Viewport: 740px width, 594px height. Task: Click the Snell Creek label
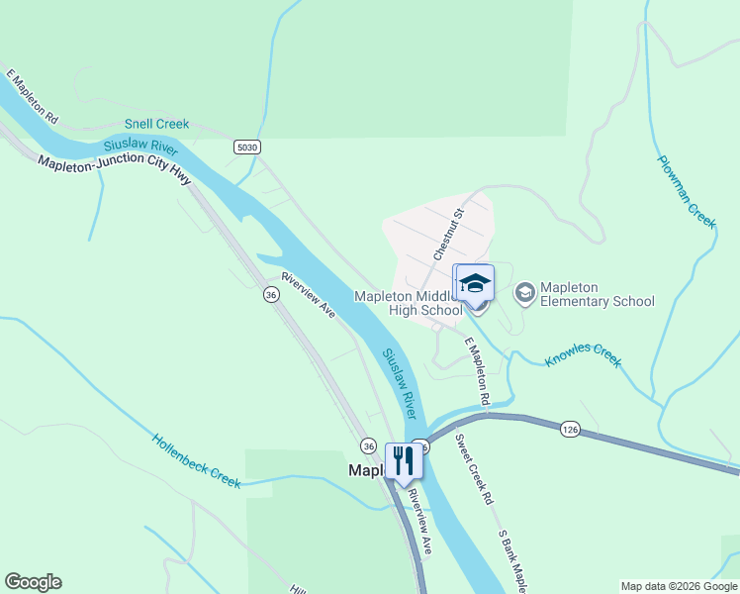(156, 125)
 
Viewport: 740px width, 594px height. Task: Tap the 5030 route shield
(247, 147)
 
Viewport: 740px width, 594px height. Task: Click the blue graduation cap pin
(474, 284)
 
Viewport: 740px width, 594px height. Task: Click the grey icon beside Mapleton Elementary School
(524, 292)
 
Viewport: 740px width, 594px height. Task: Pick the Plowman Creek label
(687, 191)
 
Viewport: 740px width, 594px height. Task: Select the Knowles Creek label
(584, 355)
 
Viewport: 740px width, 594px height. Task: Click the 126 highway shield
(569, 428)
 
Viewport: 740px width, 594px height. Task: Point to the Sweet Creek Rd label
(474, 470)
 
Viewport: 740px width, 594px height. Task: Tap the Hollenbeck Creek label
(196, 460)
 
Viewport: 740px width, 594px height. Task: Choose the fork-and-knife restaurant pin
(402, 460)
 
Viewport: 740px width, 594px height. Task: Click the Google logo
(33, 582)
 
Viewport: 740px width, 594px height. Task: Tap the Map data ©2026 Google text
(678, 586)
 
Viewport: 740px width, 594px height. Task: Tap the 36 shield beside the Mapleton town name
(368, 445)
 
